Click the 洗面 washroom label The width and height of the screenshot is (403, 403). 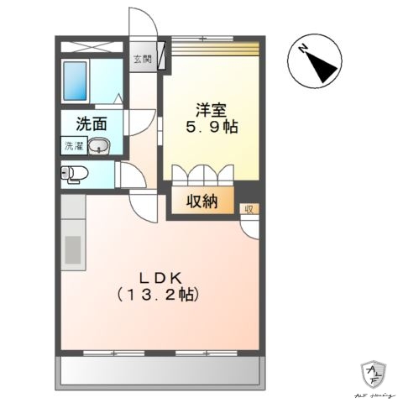(x=91, y=124)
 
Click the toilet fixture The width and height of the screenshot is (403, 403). (x=76, y=175)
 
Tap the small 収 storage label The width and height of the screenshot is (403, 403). (x=249, y=208)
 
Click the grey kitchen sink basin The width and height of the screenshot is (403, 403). (x=72, y=250)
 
